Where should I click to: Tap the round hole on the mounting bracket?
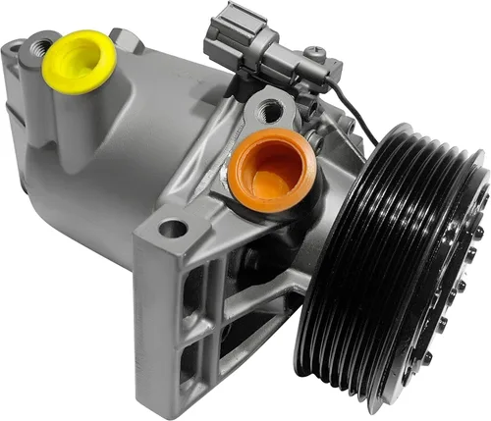click(x=173, y=229)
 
